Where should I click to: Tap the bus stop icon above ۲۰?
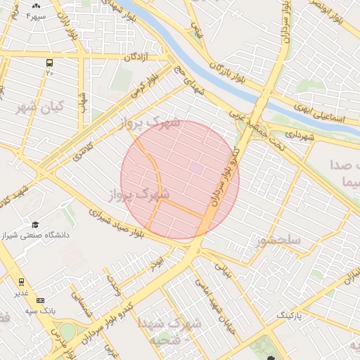(49, 62)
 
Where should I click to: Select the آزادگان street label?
(139, 56)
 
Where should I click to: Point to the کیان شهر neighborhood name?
(39, 107)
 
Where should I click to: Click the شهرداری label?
(292, 134)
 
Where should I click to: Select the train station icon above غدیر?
(20, 281)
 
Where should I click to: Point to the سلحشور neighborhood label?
(279, 240)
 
